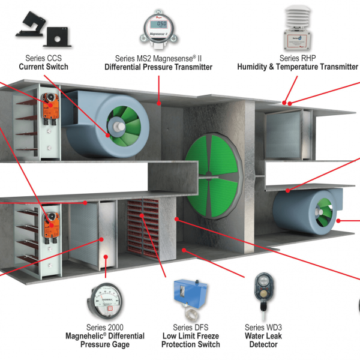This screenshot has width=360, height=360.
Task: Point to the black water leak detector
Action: pos(262,288)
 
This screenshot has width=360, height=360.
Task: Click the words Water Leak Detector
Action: pos(262,340)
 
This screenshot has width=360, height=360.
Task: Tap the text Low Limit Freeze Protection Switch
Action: pos(191,340)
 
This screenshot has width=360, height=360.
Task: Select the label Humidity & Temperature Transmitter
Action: pos(298,67)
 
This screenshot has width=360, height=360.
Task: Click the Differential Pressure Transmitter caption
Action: pos(158,67)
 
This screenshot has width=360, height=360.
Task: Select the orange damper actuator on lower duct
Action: pos(50,223)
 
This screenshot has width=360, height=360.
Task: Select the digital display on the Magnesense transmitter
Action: pos(157,25)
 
